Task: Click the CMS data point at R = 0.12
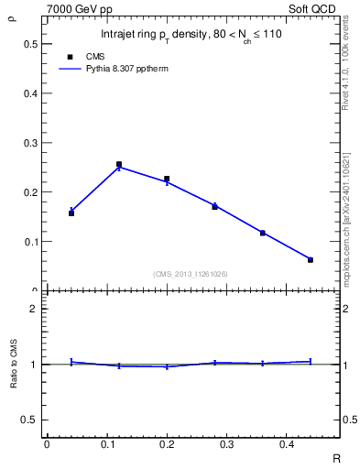119,165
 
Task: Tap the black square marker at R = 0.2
167,180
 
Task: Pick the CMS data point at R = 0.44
311,260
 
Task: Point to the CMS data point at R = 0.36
263,233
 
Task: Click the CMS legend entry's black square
71,56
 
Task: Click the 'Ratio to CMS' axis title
14,364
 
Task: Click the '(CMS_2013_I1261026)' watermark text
191,274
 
